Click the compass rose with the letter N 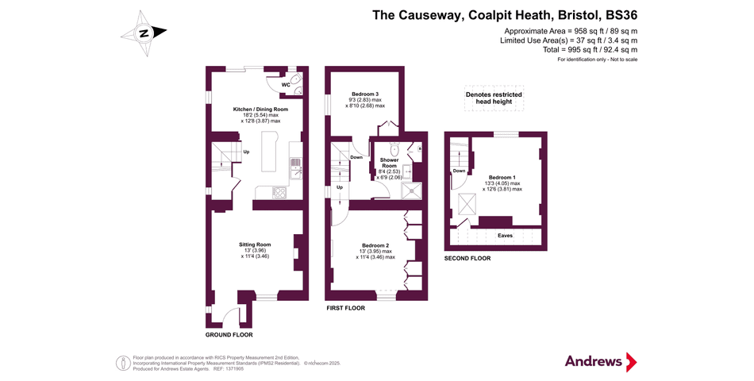(144, 33)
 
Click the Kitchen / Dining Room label (260, 109)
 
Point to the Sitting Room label (256, 244)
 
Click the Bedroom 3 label (365, 94)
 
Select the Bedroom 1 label (502, 177)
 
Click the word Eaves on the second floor (505, 236)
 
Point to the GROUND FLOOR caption (229, 335)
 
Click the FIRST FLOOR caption (345, 307)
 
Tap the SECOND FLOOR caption (467, 259)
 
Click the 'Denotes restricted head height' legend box (494, 98)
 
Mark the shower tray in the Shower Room (412, 190)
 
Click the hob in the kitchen (280, 192)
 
